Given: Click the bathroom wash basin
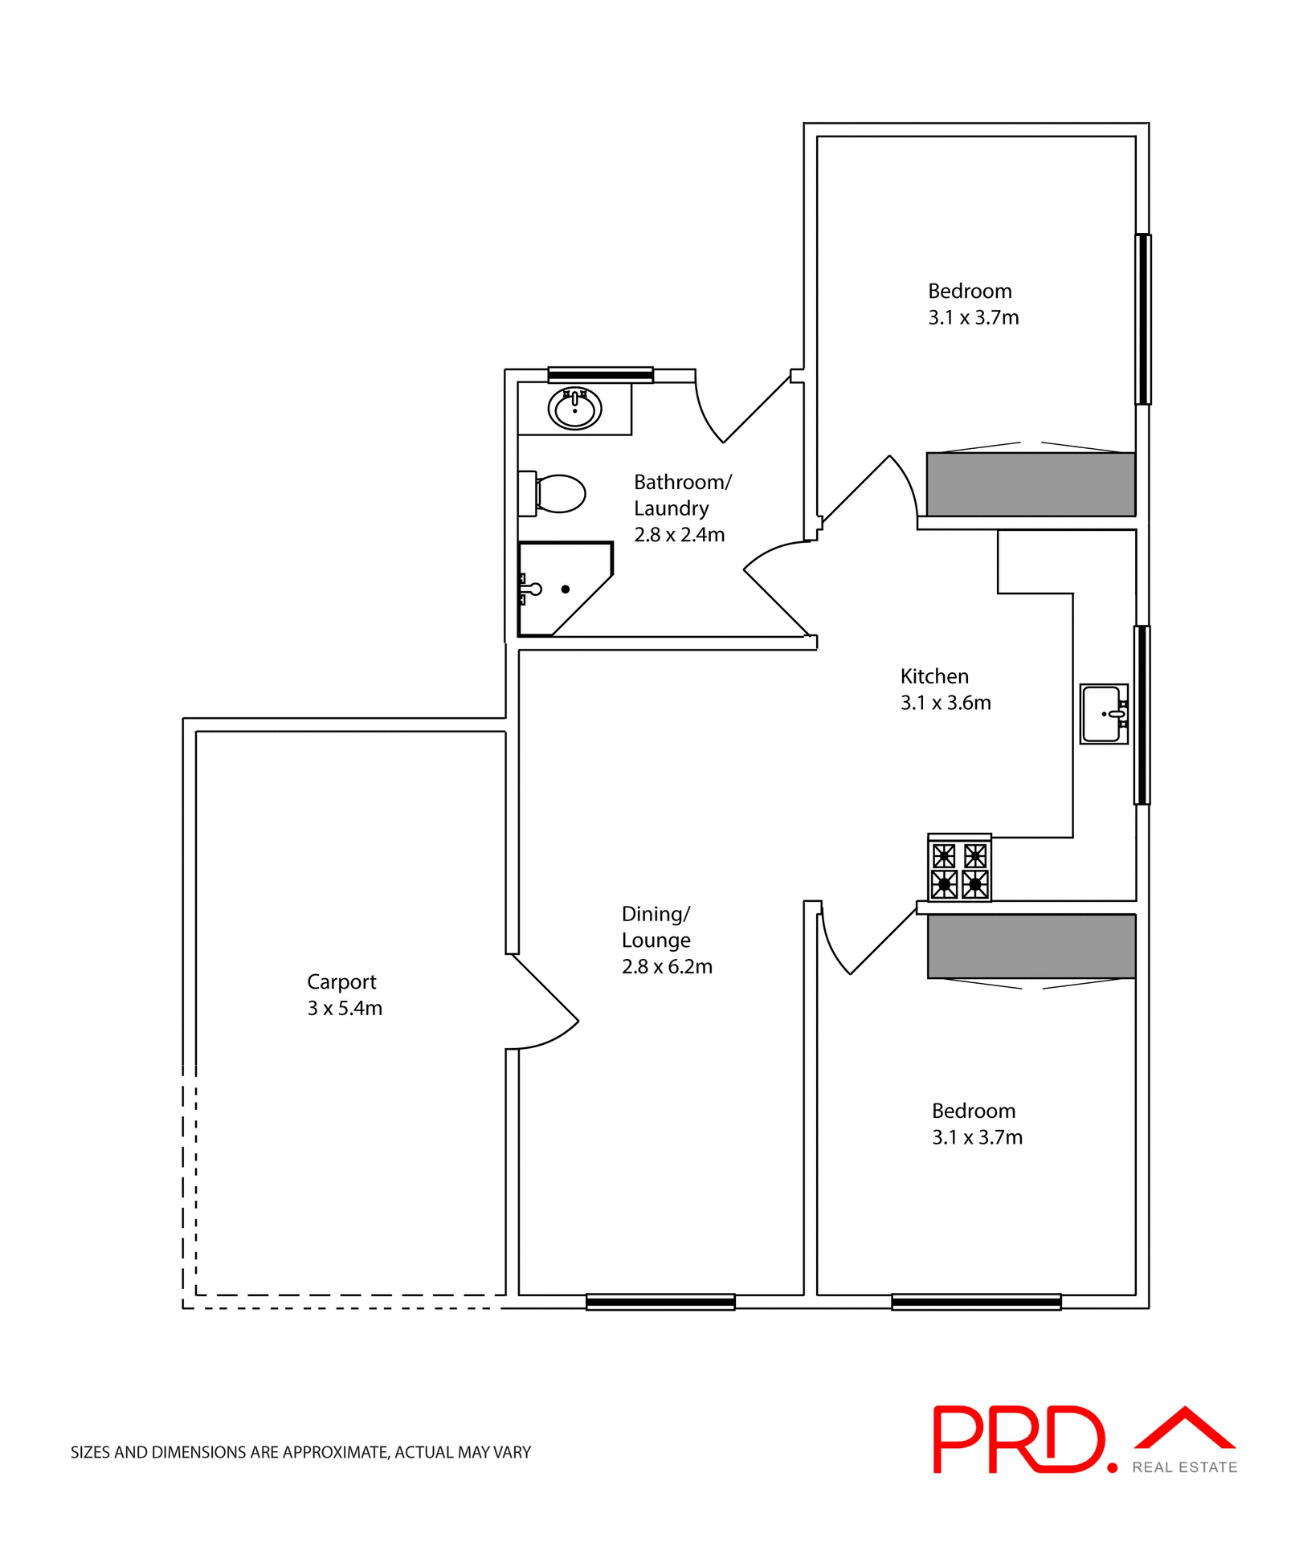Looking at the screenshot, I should tap(574, 409).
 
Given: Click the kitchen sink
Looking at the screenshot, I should tap(1104, 713).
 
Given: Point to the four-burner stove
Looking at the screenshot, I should tap(959, 869).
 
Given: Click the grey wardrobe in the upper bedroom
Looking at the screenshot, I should tap(1031, 484).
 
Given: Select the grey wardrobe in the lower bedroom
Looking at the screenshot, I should tap(1031, 946).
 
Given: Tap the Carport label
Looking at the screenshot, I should tap(341, 981).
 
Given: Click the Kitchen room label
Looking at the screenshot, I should tap(934, 676).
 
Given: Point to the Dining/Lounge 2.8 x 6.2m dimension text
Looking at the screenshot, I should tap(667, 967).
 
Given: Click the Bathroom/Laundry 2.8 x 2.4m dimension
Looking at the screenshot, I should tap(679, 535).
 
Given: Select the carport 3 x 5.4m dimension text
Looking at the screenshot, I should tap(345, 1009).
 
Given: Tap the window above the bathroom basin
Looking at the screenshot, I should tap(600, 375).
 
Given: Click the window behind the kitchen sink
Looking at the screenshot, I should tap(1142, 715).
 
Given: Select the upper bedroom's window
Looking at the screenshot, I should tap(1142, 319).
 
